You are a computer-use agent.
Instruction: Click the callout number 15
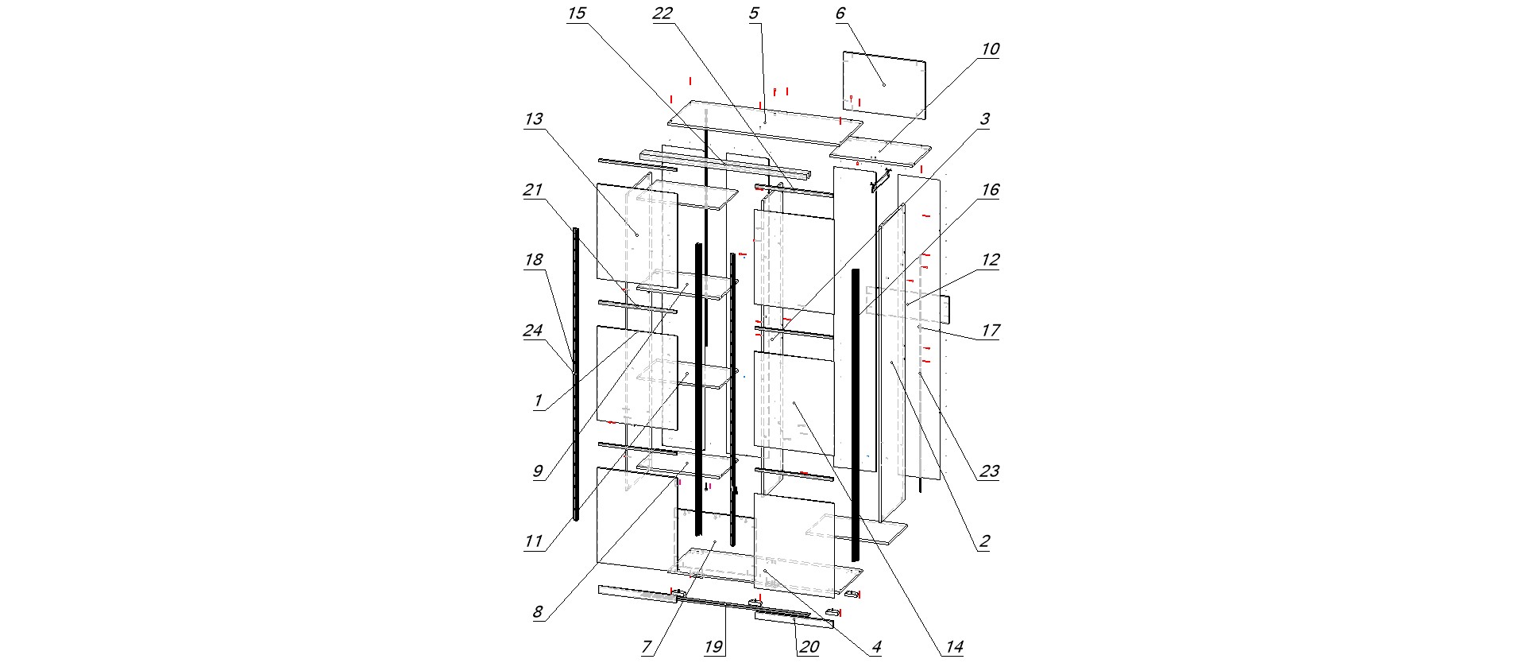pyautogui.click(x=577, y=14)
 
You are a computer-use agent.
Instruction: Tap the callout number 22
pyautogui.click(x=662, y=14)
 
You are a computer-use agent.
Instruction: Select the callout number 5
pyautogui.click(x=753, y=14)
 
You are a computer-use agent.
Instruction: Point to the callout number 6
pyautogui.click(x=840, y=14)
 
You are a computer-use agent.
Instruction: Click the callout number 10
pyautogui.click(x=989, y=49)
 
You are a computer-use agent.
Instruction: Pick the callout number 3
pyautogui.click(x=984, y=119)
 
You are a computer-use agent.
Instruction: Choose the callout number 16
pyautogui.click(x=989, y=190)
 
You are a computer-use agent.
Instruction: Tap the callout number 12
pyautogui.click(x=989, y=260)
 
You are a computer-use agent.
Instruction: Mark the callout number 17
pyautogui.click(x=989, y=331)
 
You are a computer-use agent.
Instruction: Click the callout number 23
pyautogui.click(x=989, y=471)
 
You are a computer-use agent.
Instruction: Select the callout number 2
pyautogui.click(x=984, y=542)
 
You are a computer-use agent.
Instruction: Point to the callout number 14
pyautogui.click(x=954, y=647)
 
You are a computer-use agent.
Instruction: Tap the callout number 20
pyautogui.click(x=809, y=647)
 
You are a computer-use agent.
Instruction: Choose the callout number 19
pyautogui.click(x=713, y=647)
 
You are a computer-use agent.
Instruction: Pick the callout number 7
pyautogui.click(x=647, y=647)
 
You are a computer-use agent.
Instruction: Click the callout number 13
pyautogui.click(x=534, y=119)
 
